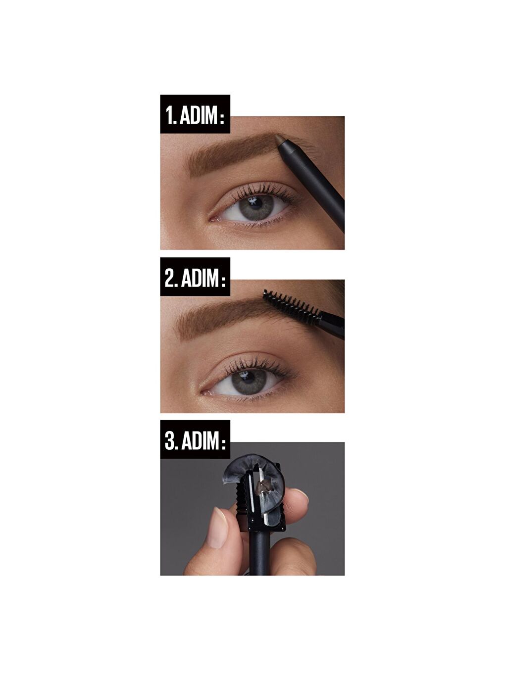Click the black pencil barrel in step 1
point(317,183)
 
